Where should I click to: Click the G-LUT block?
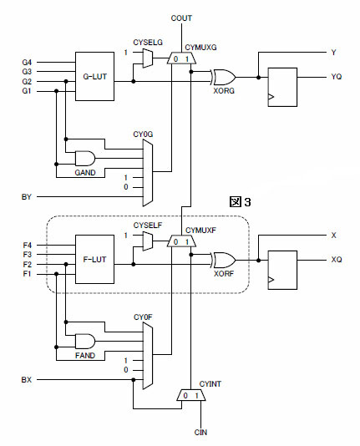[x=94, y=76]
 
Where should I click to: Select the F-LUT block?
[x=94, y=259]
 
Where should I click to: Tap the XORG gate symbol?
[x=224, y=77]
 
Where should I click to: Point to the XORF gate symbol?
[x=224, y=260]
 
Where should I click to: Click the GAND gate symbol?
[x=85, y=159]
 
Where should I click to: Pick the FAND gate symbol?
[x=85, y=342]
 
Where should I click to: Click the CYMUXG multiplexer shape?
[x=181, y=58]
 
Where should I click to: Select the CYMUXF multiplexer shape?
[x=181, y=241]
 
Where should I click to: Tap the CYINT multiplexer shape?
[x=191, y=395]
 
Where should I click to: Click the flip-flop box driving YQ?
[x=282, y=87]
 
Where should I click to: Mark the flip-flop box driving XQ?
[x=282, y=270]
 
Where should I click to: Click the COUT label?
[x=181, y=18]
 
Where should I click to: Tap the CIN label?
[x=200, y=433]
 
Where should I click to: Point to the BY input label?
[x=27, y=197]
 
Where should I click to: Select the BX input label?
[x=27, y=380]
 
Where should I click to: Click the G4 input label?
[x=27, y=63]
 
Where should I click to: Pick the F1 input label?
[x=27, y=274]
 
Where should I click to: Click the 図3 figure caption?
[x=241, y=201]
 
